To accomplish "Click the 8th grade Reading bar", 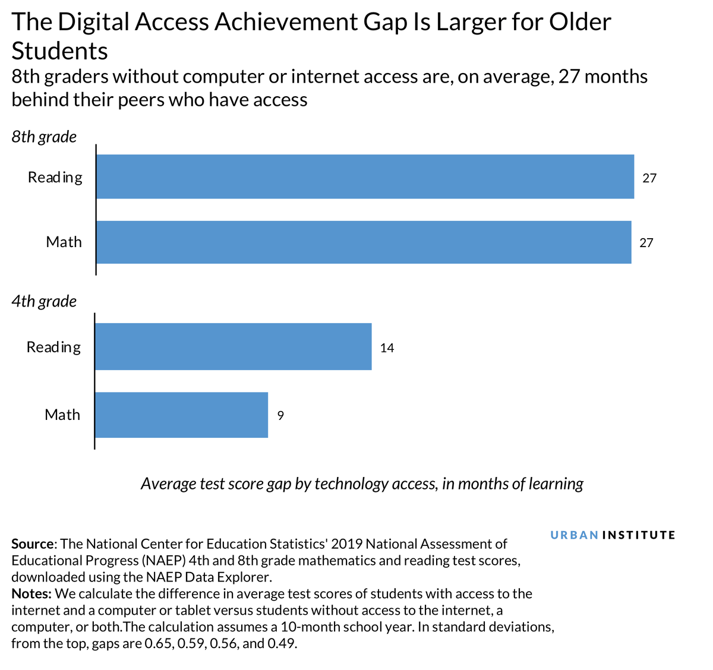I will (365, 176).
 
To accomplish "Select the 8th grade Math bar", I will (364, 242).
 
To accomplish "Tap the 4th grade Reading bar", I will (233, 346).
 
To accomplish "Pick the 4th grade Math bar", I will (181, 415).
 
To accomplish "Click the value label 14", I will (387, 347).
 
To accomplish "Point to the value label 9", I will (280, 415).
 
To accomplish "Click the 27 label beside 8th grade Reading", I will (649, 178).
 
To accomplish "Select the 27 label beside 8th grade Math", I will (646, 242).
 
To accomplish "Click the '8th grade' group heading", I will (44, 137).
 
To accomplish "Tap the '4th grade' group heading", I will (44, 301).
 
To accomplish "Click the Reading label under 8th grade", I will (55, 177).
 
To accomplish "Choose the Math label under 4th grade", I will (62, 415).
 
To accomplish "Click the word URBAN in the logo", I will (574, 535).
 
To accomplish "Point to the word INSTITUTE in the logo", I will (639, 535).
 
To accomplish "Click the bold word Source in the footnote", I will (33, 543).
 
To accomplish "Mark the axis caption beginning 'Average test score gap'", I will (362, 483).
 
